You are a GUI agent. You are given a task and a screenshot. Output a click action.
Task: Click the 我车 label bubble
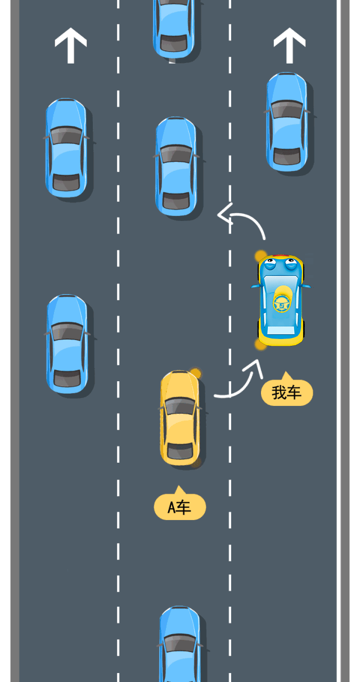pyautogui.click(x=287, y=392)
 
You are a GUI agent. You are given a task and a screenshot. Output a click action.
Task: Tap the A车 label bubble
pyautogui.click(x=180, y=507)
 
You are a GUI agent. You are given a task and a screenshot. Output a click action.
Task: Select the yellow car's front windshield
pyautogui.click(x=179, y=407)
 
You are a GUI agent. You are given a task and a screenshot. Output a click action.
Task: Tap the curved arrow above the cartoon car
pyautogui.click(x=242, y=220)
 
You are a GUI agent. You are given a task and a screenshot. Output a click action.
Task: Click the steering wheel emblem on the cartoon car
pyautogui.click(x=281, y=302)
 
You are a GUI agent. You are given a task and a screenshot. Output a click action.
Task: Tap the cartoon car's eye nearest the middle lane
pyautogui.click(x=269, y=263)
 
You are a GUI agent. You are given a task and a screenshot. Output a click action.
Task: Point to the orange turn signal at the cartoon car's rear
pyautogui.click(x=260, y=344)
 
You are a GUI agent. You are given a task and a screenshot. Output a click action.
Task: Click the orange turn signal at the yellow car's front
pyautogui.click(x=195, y=373)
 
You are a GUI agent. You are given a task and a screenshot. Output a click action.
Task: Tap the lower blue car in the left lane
pyautogui.click(x=67, y=344)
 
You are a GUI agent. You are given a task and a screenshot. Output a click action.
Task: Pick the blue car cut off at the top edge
pyautogui.click(x=174, y=28)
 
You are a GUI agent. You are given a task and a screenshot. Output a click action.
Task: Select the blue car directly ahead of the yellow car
pyautogui.click(x=176, y=166)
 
